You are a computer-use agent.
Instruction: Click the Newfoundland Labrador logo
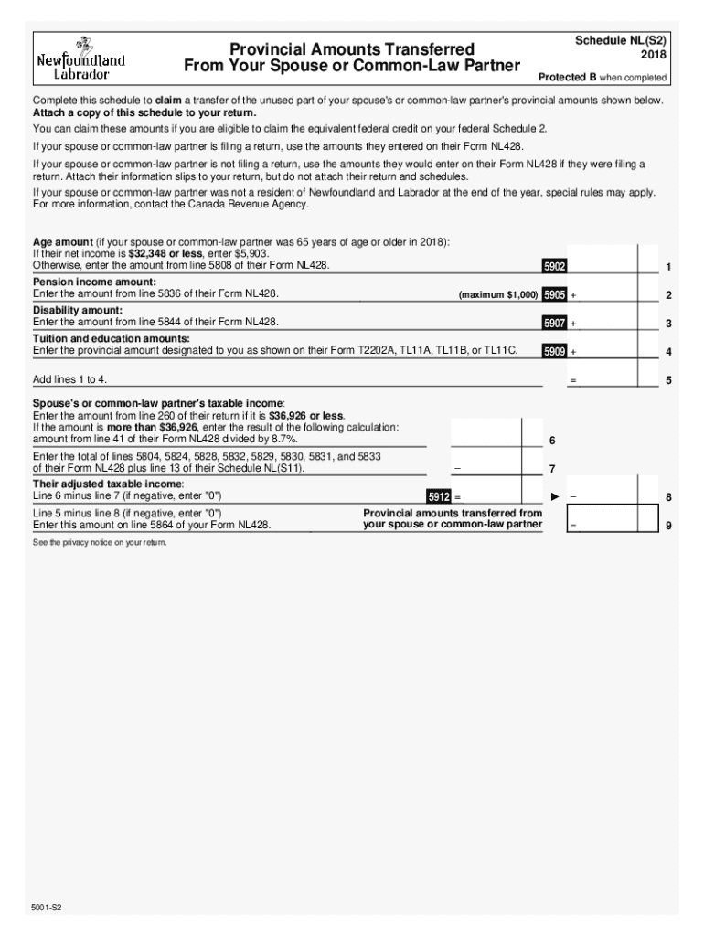[x=80, y=58]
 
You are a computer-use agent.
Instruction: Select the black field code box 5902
[x=554, y=266]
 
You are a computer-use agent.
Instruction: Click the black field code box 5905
[x=554, y=294]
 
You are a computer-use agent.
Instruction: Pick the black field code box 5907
[x=554, y=323]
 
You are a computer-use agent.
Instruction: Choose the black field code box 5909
[x=554, y=351]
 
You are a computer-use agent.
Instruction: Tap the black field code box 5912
[x=439, y=496]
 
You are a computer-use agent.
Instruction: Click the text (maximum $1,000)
[x=498, y=295]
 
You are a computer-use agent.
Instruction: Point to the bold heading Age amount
[x=63, y=242]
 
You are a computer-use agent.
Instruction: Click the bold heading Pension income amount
[x=94, y=282]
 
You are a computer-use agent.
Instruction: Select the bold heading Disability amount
[x=78, y=311]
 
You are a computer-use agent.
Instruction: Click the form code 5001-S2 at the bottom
[x=48, y=909]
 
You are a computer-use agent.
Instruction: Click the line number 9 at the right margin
[x=669, y=526]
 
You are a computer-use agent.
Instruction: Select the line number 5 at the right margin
[x=669, y=380]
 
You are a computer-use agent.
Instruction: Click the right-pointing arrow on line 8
[x=554, y=496]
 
